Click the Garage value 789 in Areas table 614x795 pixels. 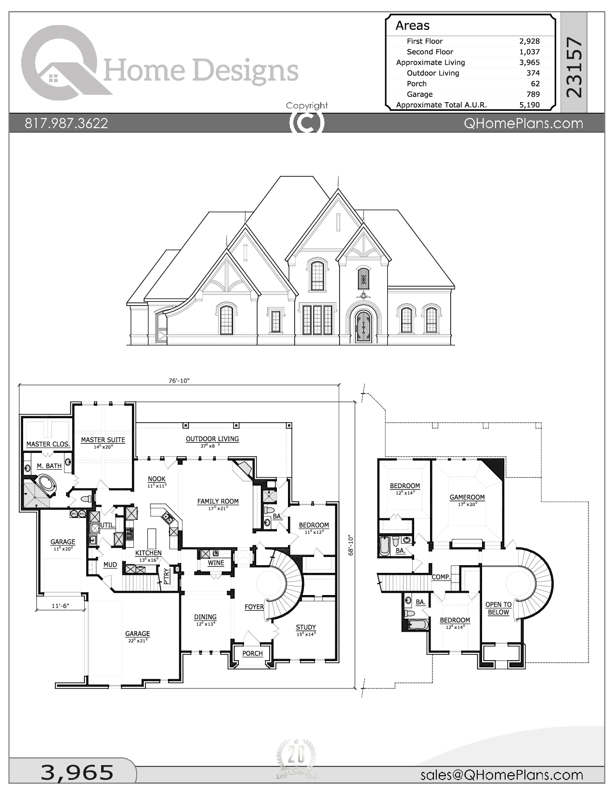533,94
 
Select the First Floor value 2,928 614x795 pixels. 529,41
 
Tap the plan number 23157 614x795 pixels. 574,67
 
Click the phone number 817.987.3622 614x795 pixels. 66,123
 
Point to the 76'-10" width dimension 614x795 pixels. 179,381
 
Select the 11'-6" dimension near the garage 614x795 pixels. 61,606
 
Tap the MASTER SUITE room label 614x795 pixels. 103,440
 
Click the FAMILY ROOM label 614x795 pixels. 218,502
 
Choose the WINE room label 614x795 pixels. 216,563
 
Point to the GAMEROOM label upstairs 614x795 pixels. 467,497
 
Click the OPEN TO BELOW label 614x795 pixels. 498,609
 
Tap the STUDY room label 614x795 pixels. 306,627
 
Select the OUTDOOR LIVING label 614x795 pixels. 212,439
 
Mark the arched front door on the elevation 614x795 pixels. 363,327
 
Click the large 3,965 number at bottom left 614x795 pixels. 77,772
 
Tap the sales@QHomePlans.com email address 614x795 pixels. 501,775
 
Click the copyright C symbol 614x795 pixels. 307,122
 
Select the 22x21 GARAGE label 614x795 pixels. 138,634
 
